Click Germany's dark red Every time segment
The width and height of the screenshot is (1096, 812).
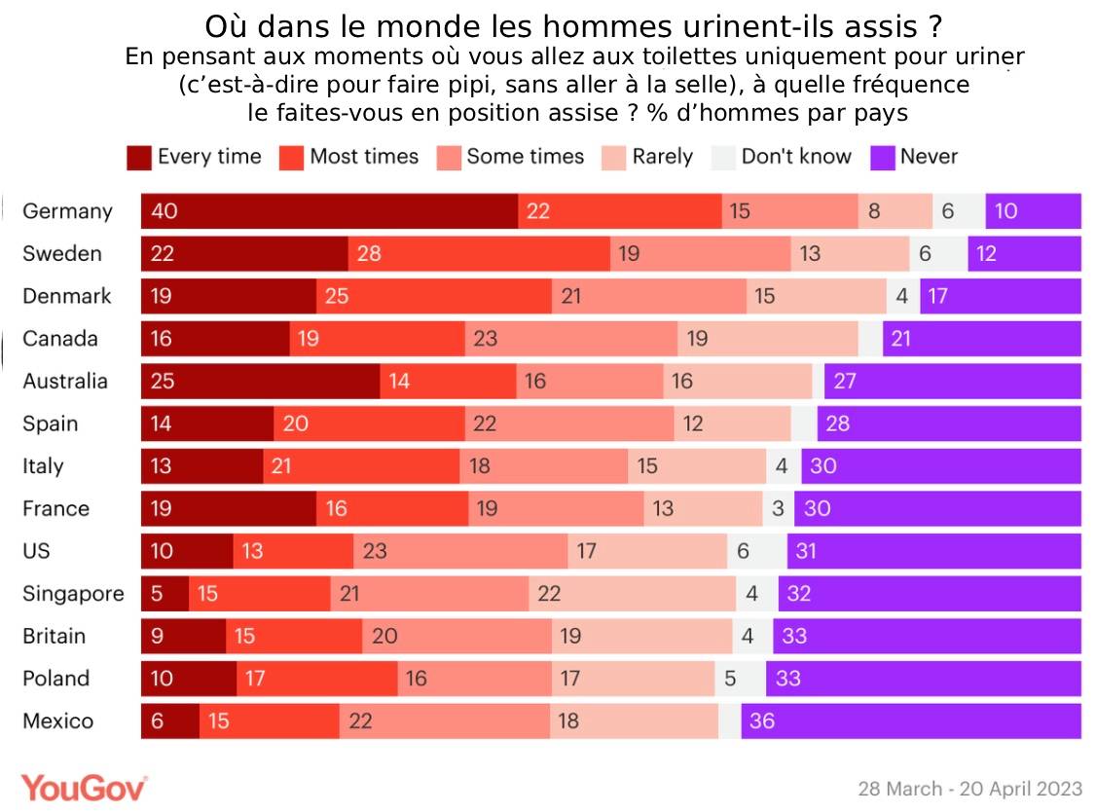329,211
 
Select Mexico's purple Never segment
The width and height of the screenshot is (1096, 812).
910,721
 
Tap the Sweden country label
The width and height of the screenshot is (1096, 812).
62,254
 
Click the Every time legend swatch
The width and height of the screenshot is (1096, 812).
140,158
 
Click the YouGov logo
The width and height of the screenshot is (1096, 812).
85,788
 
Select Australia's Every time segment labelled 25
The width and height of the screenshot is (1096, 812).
260,381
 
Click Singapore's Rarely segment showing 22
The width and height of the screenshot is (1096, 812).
632,594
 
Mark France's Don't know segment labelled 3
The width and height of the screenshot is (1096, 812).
778,508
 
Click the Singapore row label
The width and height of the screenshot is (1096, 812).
73,594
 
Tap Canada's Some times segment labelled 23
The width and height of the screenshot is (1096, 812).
571,339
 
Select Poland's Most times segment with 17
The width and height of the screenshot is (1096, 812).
316,679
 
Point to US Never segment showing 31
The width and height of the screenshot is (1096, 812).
933,551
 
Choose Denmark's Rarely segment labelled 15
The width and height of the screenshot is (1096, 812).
817,296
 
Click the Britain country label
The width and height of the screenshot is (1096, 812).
55,636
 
